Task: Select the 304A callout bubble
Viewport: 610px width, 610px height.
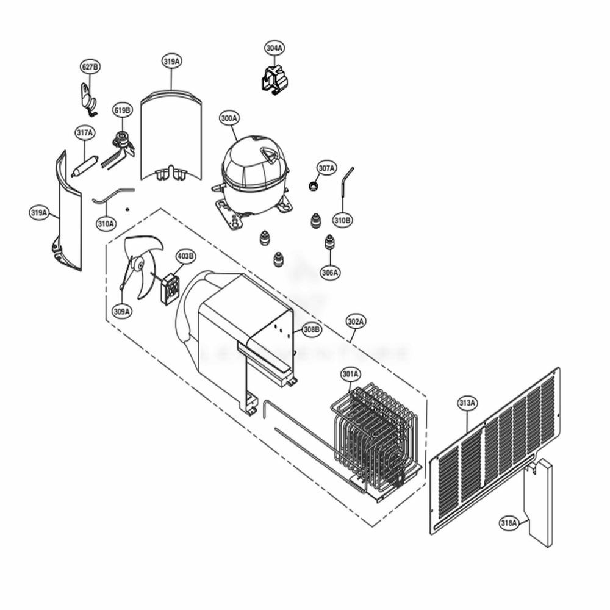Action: click(x=274, y=48)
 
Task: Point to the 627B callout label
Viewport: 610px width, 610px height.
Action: click(x=90, y=66)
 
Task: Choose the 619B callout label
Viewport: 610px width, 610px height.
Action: click(x=122, y=110)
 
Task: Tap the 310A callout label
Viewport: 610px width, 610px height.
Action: click(x=105, y=224)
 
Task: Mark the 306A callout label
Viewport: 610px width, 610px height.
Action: click(x=330, y=273)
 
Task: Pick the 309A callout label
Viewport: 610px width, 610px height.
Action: click(x=122, y=312)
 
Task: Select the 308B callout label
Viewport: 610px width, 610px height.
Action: click(x=310, y=330)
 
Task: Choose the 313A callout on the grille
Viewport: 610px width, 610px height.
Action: click(x=467, y=403)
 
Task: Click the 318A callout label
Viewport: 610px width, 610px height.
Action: click(x=509, y=523)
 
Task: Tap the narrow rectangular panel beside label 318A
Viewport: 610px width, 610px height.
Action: click(x=539, y=503)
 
